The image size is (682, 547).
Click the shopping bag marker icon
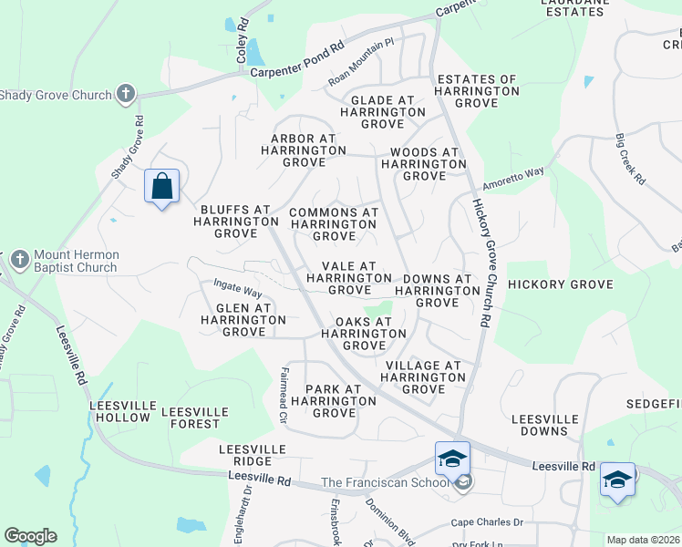(161, 187)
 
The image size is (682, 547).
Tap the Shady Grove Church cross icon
(126, 94)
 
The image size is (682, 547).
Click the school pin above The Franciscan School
(452, 459)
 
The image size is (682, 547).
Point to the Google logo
(30, 536)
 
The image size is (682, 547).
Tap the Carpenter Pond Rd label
(297, 61)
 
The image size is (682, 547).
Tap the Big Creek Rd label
(629, 160)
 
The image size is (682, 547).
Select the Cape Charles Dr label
(487, 523)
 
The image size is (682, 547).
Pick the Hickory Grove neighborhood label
(560, 284)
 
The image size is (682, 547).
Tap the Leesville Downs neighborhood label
(545, 425)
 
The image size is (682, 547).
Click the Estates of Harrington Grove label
(477, 91)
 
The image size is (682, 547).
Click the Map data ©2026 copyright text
(643, 540)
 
